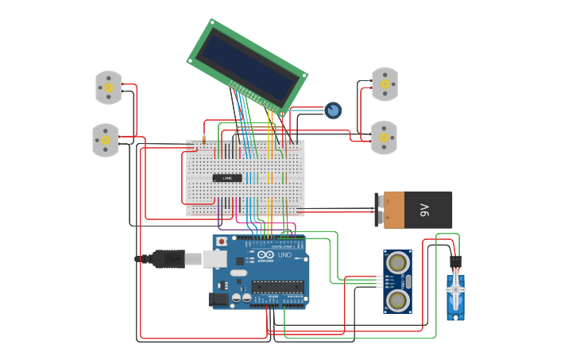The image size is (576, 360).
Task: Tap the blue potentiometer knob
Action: (334, 110)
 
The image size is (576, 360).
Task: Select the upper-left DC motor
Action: (109, 87)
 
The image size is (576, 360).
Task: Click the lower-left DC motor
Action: (105, 140)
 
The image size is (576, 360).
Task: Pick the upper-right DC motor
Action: (385, 84)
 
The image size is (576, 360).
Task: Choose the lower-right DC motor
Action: (384, 137)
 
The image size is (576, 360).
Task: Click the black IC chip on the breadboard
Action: (227, 177)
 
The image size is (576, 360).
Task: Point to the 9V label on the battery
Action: (424, 210)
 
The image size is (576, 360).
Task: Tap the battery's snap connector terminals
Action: (381, 210)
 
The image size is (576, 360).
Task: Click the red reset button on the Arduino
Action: (222, 241)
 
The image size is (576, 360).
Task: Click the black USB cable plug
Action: (168, 258)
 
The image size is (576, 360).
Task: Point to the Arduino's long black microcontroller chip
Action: (278, 286)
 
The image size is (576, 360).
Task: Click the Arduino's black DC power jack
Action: (218, 299)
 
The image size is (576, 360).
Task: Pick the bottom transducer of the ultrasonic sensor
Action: (397, 299)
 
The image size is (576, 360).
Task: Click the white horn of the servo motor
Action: (455, 291)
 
